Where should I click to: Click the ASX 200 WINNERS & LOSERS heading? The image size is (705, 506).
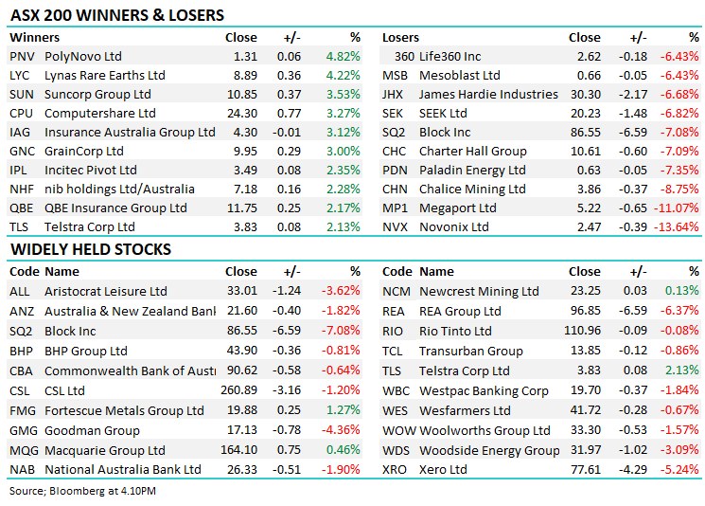click(x=117, y=15)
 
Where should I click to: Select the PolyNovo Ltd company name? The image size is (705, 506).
click(x=83, y=56)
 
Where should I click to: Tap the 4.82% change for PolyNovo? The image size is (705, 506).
click(x=343, y=56)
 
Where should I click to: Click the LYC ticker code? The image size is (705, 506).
click(x=20, y=75)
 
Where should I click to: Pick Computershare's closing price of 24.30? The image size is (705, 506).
click(x=241, y=113)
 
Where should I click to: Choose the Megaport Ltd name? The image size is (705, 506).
click(x=458, y=208)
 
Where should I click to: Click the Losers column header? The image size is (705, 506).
click(x=401, y=37)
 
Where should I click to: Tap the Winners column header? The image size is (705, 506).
click(x=34, y=37)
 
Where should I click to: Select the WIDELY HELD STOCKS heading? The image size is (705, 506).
click(x=91, y=249)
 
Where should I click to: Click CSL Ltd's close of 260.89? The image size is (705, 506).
click(x=237, y=389)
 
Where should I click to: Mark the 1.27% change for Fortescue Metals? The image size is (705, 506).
click(x=343, y=410)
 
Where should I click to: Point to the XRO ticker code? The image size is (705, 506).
click(x=395, y=469)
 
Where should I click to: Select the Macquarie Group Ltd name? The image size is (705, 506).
click(x=105, y=450)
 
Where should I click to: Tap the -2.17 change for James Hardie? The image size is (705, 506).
click(x=632, y=94)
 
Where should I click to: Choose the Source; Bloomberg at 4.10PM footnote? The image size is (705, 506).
click(x=83, y=491)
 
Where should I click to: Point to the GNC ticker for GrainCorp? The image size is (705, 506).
click(x=22, y=151)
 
